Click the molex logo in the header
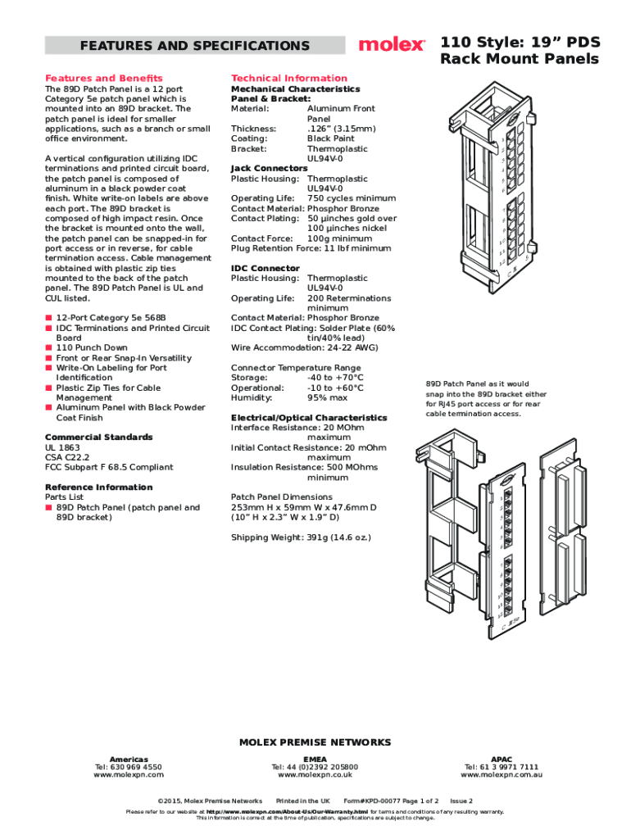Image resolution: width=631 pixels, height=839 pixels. (x=392, y=44)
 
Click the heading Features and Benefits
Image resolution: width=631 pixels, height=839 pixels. (x=103, y=79)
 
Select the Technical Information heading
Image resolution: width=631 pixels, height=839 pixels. (x=289, y=79)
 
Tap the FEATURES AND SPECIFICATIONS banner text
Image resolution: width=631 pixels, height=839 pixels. (x=194, y=46)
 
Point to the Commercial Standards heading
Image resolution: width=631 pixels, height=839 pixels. (x=98, y=437)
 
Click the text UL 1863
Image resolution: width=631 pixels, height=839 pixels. (x=63, y=447)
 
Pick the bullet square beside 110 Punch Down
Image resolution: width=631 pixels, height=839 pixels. (x=48, y=348)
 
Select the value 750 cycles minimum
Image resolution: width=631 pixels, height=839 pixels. (x=351, y=198)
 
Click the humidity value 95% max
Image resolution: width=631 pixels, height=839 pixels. (x=327, y=398)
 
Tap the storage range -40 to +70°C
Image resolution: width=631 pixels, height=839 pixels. (x=335, y=378)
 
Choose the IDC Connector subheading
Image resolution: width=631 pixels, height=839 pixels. (x=265, y=269)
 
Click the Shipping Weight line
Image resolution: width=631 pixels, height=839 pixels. (x=301, y=537)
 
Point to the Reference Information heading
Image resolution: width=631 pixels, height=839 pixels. (x=98, y=487)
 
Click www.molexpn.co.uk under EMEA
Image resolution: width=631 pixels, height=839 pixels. (x=315, y=774)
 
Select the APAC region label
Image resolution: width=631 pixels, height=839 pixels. (x=502, y=759)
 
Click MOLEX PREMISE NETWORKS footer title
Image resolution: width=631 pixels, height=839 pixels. (x=315, y=742)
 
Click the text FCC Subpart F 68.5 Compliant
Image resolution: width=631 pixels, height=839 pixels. (x=109, y=467)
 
